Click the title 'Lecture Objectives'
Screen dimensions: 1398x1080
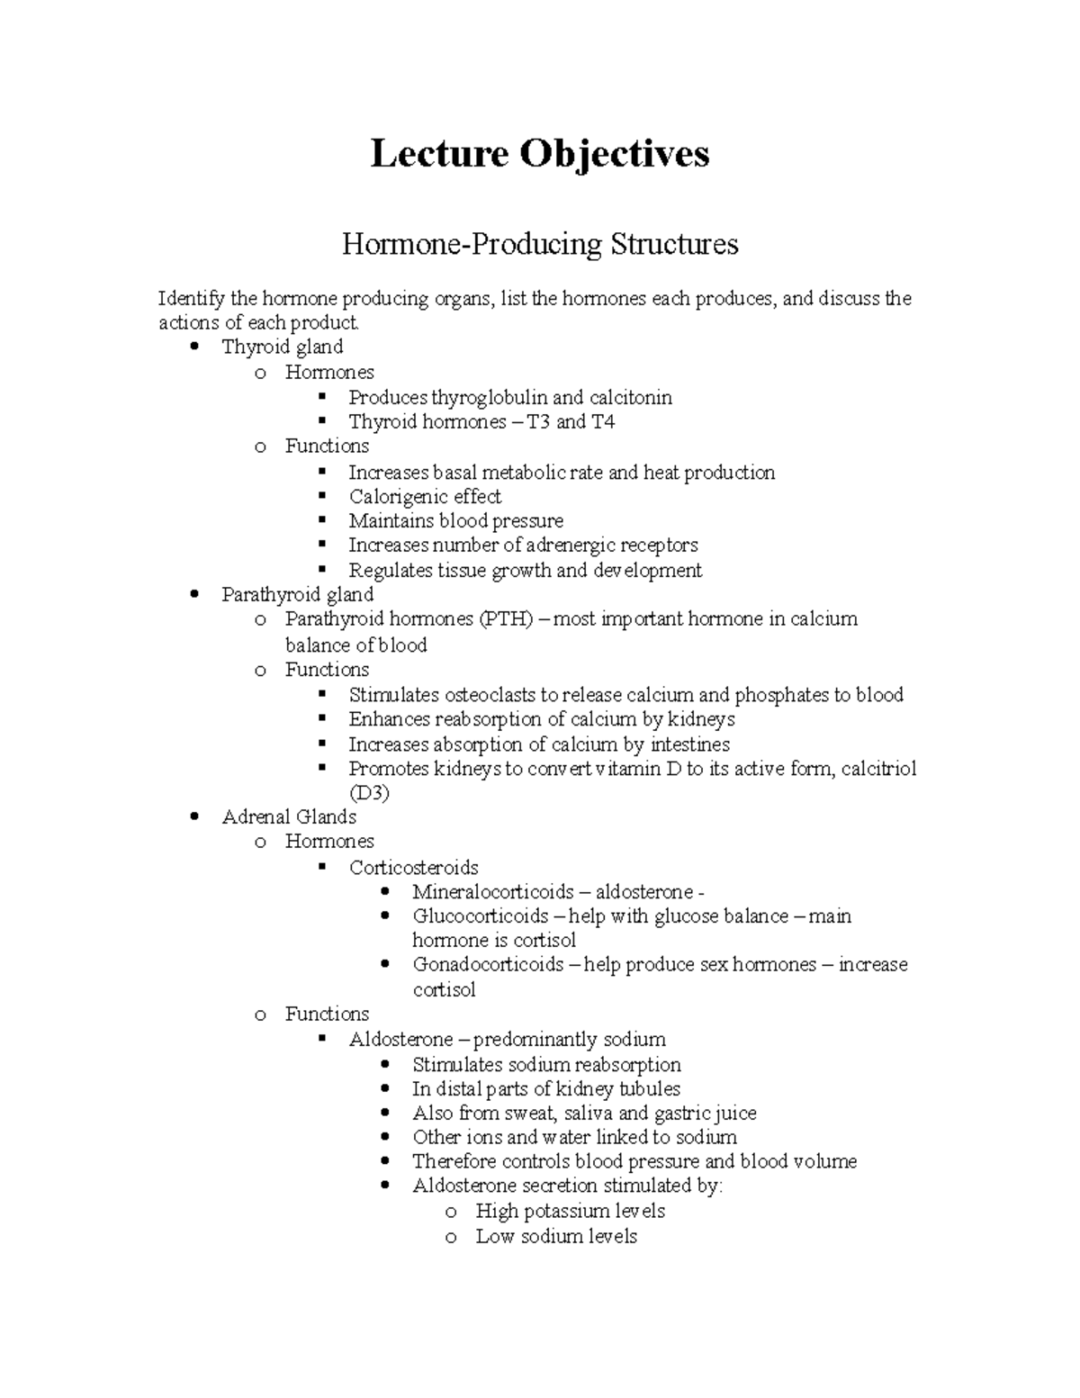point(540,154)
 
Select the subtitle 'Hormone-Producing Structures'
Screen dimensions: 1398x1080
point(540,244)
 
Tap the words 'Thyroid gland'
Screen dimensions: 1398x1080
point(282,347)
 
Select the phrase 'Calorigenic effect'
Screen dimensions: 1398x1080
point(425,497)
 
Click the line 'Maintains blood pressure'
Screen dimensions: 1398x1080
point(455,521)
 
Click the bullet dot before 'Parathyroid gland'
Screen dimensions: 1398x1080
point(196,595)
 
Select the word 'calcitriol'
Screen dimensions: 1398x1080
point(878,769)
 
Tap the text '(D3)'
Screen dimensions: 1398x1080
point(369,793)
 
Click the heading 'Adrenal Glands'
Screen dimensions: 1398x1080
point(289,817)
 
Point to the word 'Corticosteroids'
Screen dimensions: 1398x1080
point(413,868)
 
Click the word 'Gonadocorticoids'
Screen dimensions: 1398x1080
point(488,965)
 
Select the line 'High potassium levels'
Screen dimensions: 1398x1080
point(570,1212)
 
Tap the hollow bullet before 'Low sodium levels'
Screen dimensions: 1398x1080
point(451,1238)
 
